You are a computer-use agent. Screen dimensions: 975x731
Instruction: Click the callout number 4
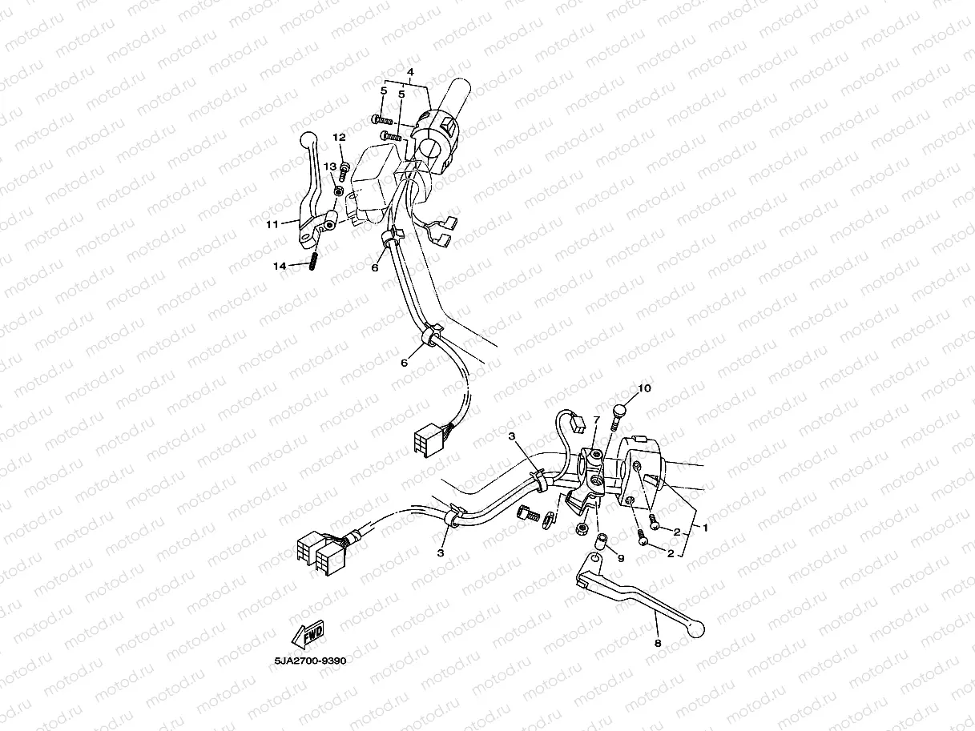410,72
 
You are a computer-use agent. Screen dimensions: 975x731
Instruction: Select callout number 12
340,138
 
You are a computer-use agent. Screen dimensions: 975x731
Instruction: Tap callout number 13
330,167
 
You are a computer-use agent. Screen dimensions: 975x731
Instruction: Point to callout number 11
272,224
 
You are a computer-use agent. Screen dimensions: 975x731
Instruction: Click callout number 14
280,266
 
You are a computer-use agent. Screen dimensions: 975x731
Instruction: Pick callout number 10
644,388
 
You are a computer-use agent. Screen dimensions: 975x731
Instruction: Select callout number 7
597,420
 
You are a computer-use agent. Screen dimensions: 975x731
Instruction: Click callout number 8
658,643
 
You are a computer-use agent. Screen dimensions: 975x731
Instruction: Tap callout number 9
621,558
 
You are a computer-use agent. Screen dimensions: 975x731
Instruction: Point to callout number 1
705,528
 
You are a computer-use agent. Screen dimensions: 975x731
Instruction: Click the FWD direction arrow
308,635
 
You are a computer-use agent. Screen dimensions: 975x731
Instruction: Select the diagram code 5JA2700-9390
310,661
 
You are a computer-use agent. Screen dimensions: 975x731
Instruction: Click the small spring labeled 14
313,261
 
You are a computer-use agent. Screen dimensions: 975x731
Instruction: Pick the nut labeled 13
339,191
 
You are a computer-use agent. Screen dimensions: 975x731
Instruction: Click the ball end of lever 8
696,629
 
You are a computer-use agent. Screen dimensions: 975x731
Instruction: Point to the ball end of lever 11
308,139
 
